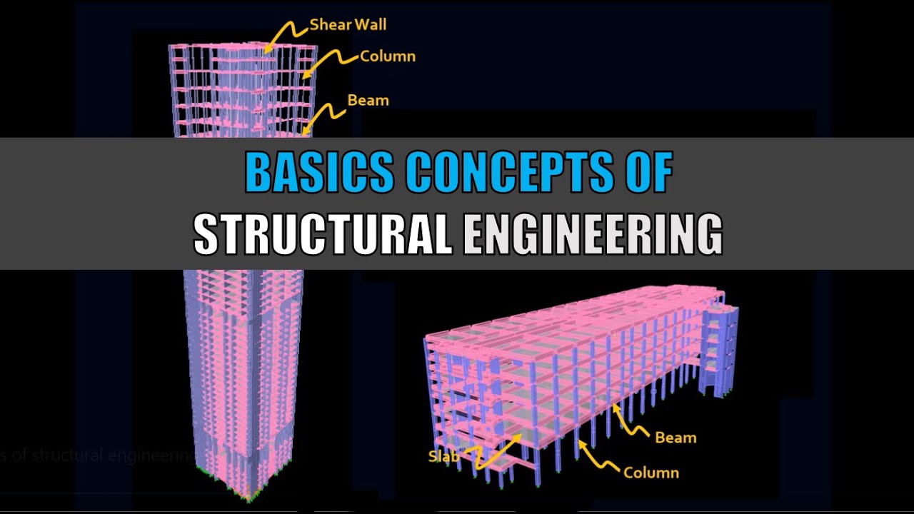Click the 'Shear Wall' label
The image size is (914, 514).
pyautogui.click(x=348, y=25)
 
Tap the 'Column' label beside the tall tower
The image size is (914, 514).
pyautogui.click(x=387, y=56)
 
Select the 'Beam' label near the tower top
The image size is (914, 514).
pyautogui.click(x=368, y=101)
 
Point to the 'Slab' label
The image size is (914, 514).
pyautogui.click(x=443, y=455)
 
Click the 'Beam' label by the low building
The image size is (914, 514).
pyautogui.click(x=676, y=438)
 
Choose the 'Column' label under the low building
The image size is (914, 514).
pyautogui.click(x=651, y=472)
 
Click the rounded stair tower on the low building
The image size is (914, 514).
pyautogui.click(x=719, y=343)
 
